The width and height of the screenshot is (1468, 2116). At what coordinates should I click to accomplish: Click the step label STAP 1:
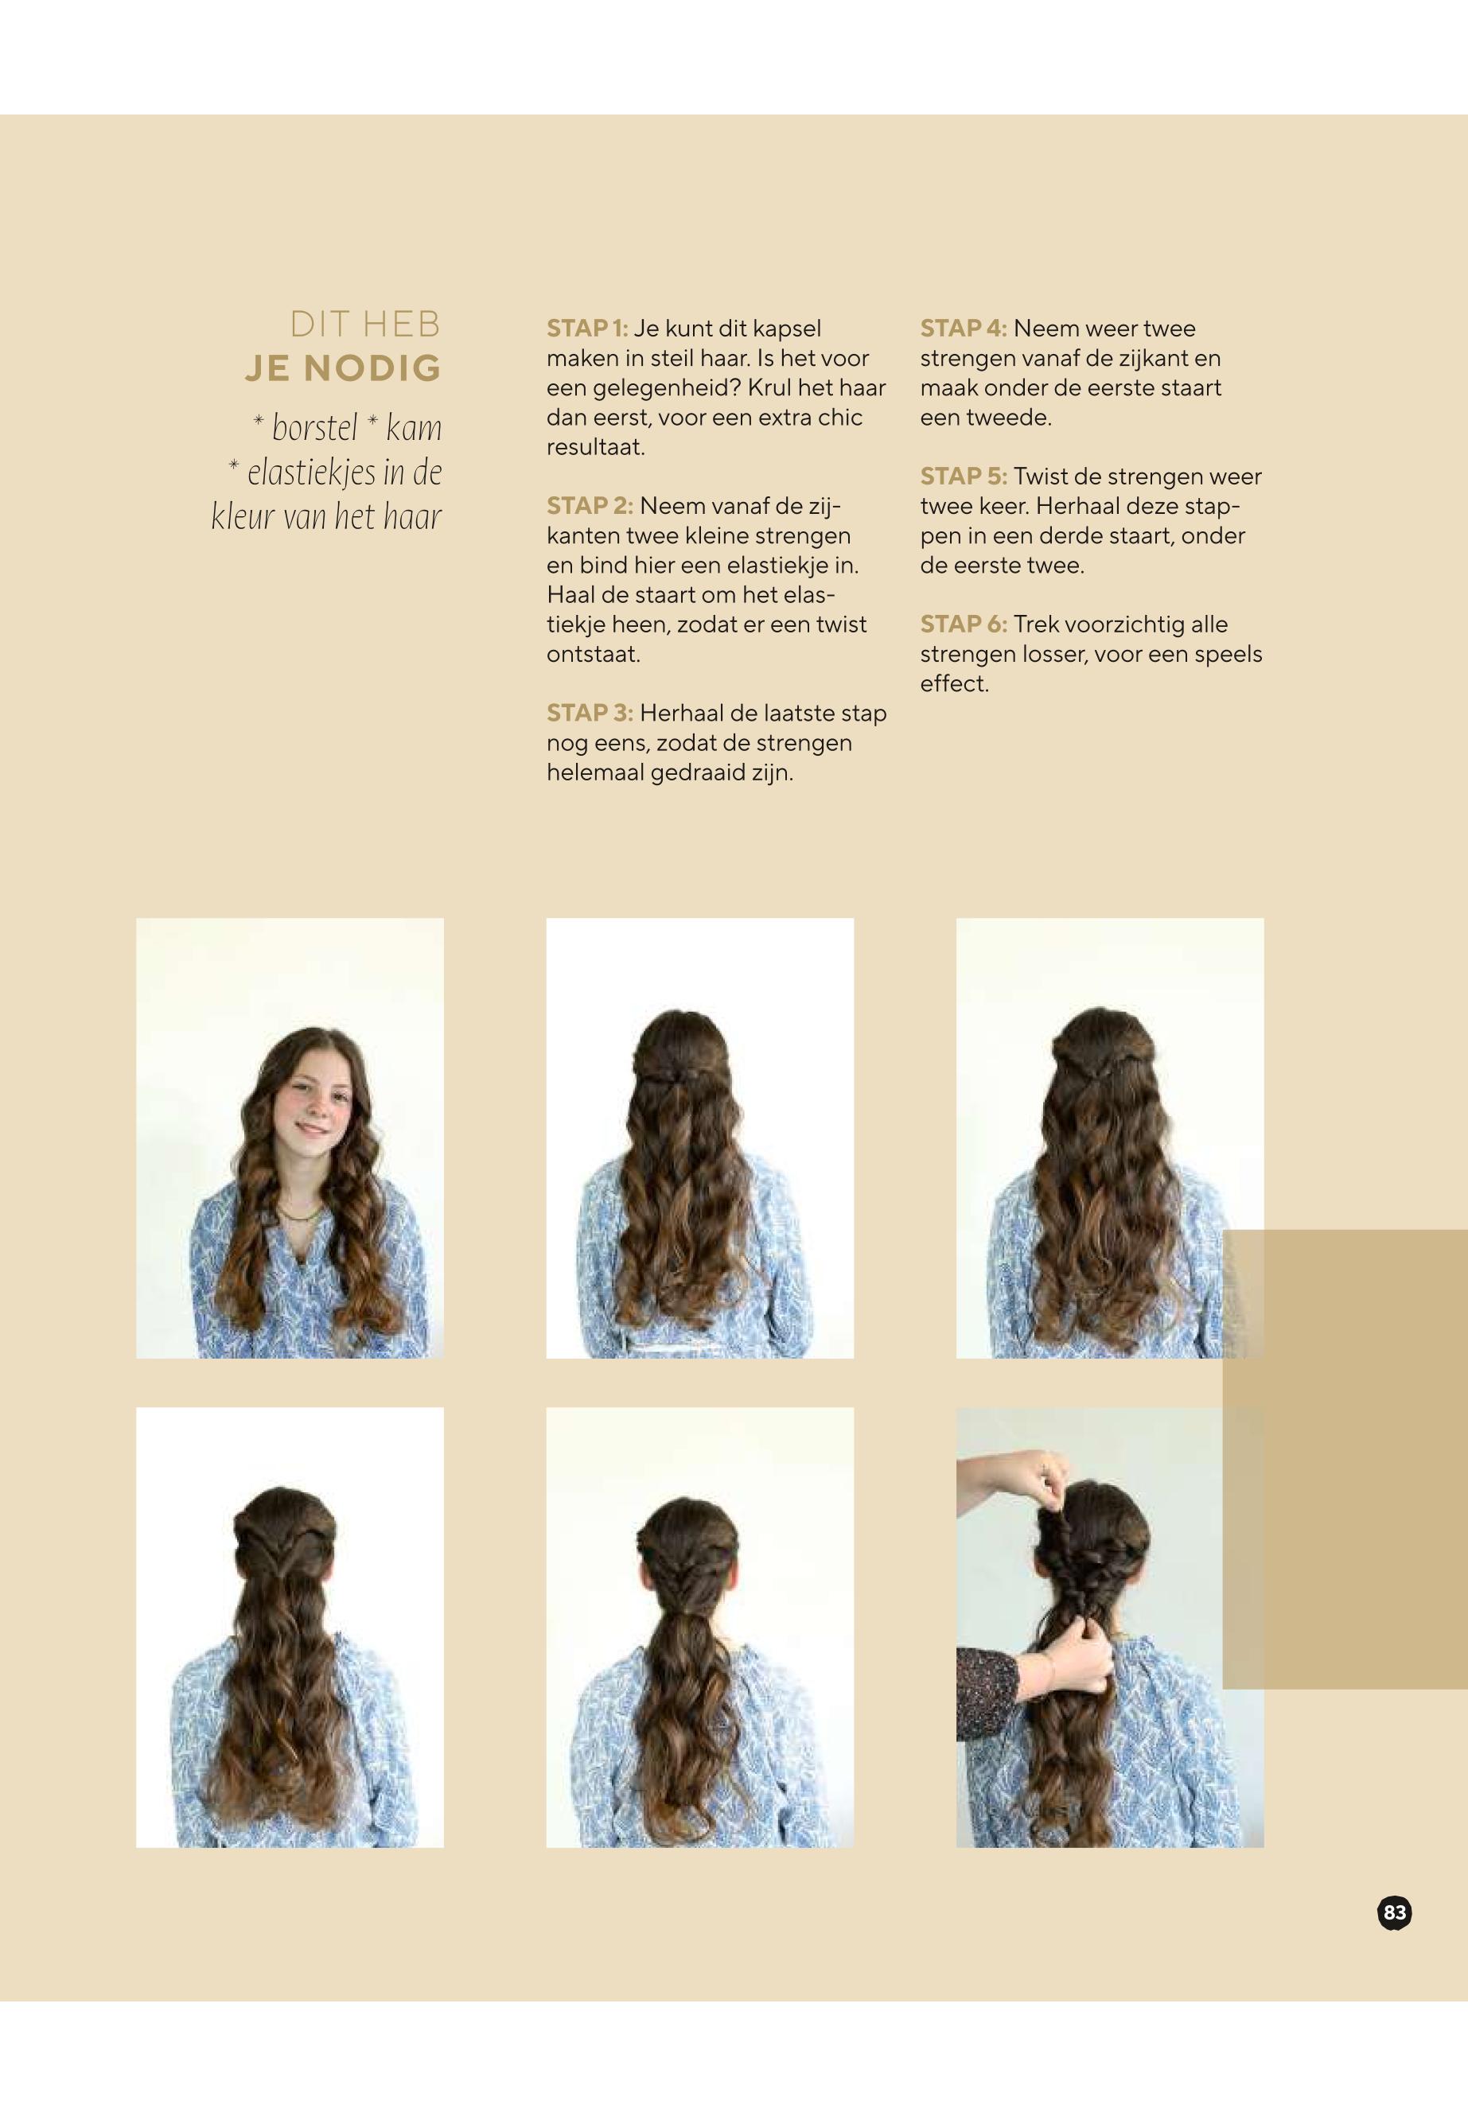pos(587,329)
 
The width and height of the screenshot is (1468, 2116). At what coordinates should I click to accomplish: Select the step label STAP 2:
pos(590,506)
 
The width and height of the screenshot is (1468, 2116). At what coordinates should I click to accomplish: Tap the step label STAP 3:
pos(590,713)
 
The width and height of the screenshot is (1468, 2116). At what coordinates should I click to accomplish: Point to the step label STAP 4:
pos(963,329)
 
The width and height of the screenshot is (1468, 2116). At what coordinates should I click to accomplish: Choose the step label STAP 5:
pos(963,476)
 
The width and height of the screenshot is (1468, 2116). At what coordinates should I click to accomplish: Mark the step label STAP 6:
pos(963,624)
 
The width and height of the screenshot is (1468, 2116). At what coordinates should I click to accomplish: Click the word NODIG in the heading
pos(372,368)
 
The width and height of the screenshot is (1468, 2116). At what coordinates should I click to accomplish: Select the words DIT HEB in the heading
pos(365,324)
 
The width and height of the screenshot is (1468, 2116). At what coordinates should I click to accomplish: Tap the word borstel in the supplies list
pos(314,428)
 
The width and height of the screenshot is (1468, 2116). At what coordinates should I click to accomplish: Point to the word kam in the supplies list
pos(414,429)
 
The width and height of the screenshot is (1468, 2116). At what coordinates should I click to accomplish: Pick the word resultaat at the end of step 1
pos(595,448)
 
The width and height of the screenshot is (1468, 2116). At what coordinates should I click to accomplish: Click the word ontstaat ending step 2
pos(592,655)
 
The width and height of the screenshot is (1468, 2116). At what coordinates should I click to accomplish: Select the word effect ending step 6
pos(954,684)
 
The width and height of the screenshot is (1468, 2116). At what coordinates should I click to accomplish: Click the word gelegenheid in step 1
pos(667,388)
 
